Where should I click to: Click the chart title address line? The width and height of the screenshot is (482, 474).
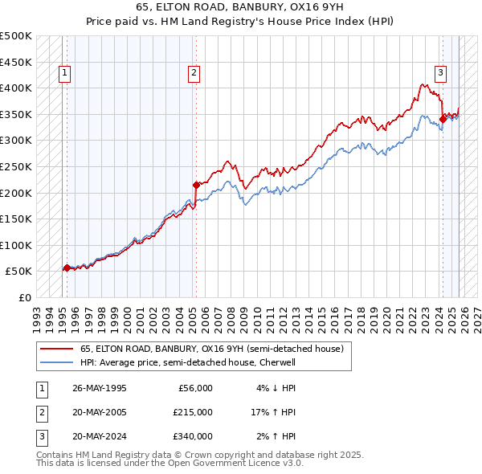pyautogui.click(x=241, y=8)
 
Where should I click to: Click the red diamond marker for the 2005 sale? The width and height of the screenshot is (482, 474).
pyautogui.click(x=196, y=185)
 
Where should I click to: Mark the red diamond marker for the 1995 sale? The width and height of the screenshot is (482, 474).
pyautogui.click(x=66, y=268)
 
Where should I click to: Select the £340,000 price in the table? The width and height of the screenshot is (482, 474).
pyautogui.click(x=193, y=436)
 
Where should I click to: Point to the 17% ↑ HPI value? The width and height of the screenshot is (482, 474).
pyautogui.click(x=273, y=412)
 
